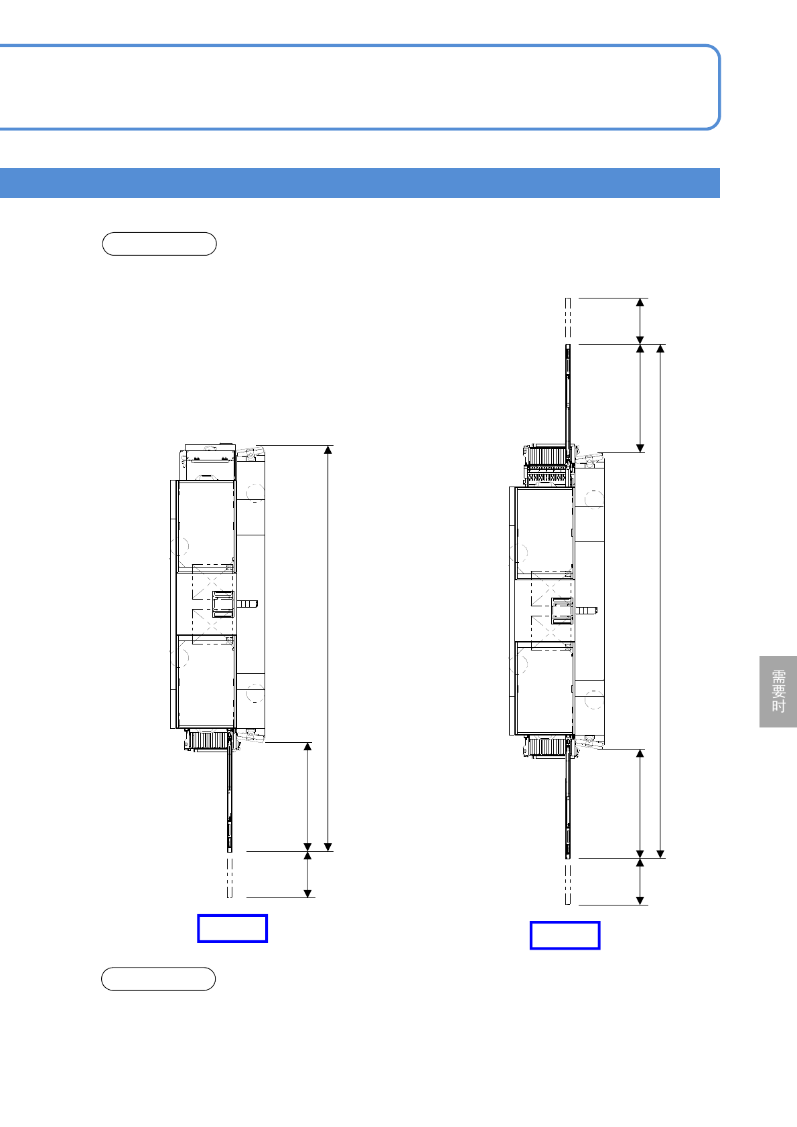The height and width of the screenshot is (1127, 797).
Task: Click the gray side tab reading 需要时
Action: coord(778,691)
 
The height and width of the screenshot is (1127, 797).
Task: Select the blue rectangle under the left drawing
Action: coord(232,928)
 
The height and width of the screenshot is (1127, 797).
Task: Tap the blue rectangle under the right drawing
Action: coord(565,936)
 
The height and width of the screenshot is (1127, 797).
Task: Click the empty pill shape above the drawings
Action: coord(159,244)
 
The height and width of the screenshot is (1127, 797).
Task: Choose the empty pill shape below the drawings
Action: coord(158,978)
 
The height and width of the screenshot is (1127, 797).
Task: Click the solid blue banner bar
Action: coord(360,183)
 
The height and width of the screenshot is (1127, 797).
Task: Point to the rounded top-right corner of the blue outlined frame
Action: coord(715,51)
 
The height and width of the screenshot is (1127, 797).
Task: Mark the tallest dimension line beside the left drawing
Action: coord(328,648)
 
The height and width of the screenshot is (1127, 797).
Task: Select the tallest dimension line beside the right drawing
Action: coord(660,601)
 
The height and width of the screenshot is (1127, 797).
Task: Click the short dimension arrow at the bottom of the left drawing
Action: coord(307,875)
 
